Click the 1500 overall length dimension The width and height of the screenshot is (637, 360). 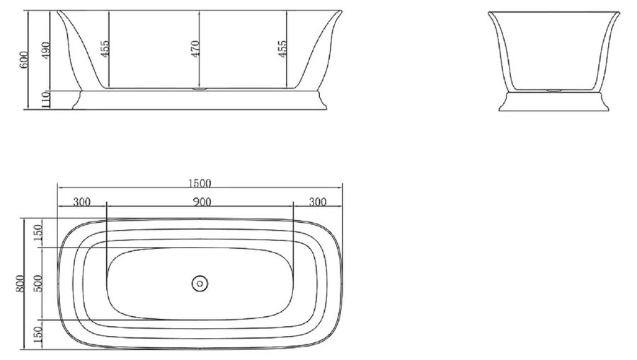pyautogui.click(x=200, y=184)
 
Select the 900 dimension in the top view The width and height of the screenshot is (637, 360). pyautogui.click(x=201, y=202)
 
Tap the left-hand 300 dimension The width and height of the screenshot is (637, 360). pyautogui.click(x=81, y=202)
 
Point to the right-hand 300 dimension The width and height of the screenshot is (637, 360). pyautogui.click(x=318, y=202)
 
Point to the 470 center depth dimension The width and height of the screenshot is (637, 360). pyautogui.click(x=195, y=48)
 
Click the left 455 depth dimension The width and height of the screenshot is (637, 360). pyautogui.click(x=104, y=48)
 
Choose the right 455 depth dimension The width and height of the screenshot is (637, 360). pyautogui.click(x=282, y=48)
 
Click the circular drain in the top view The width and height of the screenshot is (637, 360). pyautogui.click(x=200, y=283)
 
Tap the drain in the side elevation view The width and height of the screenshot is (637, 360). pyautogui.click(x=200, y=89)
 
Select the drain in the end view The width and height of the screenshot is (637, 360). pyautogui.click(x=553, y=91)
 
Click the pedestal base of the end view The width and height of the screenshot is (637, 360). pyautogui.click(x=553, y=102)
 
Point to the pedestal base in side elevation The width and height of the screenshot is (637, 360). pyautogui.click(x=200, y=100)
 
